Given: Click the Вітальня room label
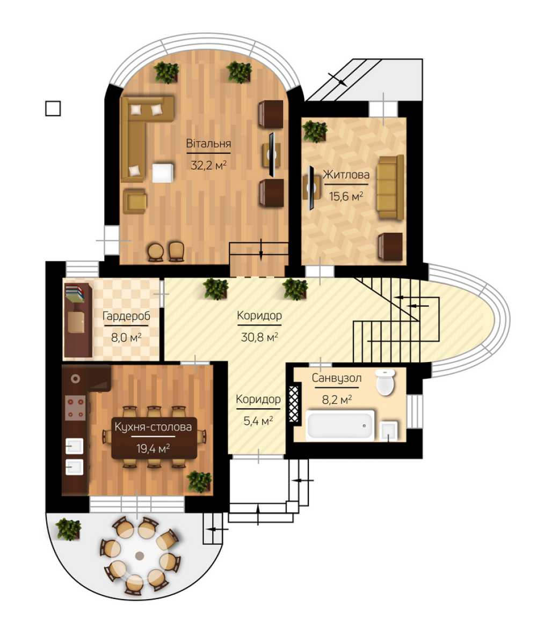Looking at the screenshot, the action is (x=208, y=143).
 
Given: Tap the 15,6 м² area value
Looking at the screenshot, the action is (x=346, y=196).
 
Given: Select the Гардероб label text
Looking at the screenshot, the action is (x=126, y=316).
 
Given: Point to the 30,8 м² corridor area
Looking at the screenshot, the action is (x=259, y=337).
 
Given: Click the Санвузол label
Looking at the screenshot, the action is (x=337, y=378).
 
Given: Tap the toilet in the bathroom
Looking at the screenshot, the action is (x=386, y=382).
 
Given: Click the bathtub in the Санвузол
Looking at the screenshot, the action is (x=340, y=425).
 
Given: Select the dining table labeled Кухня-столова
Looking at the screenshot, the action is (x=154, y=438).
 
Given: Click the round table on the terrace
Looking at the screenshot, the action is (x=140, y=556).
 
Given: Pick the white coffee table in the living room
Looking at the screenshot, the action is (x=163, y=173).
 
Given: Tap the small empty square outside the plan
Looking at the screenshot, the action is (x=53, y=108).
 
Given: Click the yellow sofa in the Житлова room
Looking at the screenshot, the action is (x=390, y=187).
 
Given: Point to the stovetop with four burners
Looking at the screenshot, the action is (x=75, y=408).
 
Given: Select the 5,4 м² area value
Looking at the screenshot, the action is (x=258, y=420).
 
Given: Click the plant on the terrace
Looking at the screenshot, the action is (x=68, y=529).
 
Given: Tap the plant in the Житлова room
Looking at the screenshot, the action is (x=315, y=131).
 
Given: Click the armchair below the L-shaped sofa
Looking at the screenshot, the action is (x=134, y=201).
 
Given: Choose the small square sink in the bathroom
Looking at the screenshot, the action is (x=389, y=431).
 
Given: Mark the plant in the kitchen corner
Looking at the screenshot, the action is (x=199, y=481).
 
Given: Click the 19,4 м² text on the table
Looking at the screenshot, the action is (x=153, y=448).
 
